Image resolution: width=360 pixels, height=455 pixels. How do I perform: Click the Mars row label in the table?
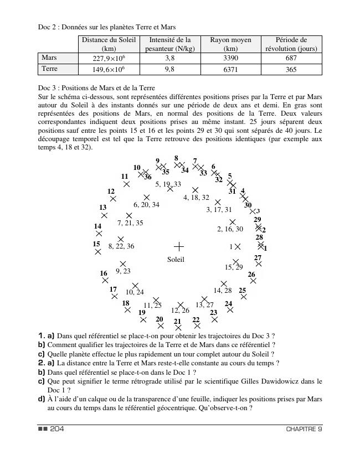click(49, 58)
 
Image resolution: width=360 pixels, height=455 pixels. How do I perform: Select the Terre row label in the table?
click(50, 69)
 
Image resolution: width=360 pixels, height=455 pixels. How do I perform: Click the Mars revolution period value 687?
click(291, 58)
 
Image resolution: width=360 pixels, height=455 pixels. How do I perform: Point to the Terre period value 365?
click(291, 69)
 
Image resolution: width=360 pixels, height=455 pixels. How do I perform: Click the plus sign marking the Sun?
click(178, 246)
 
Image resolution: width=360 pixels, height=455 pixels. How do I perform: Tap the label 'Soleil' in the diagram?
click(176, 259)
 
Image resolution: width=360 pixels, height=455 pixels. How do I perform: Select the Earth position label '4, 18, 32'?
click(196, 198)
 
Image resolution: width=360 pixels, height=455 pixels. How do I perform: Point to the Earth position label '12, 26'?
click(180, 311)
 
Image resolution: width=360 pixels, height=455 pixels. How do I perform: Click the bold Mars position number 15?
click(96, 244)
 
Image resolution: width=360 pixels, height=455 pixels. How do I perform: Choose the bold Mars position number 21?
click(177, 321)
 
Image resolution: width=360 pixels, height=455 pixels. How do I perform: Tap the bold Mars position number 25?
click(242, 290)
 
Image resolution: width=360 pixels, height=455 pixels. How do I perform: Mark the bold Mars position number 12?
click(111, 192)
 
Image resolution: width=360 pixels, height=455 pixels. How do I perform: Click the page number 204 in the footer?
click(57, 429)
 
